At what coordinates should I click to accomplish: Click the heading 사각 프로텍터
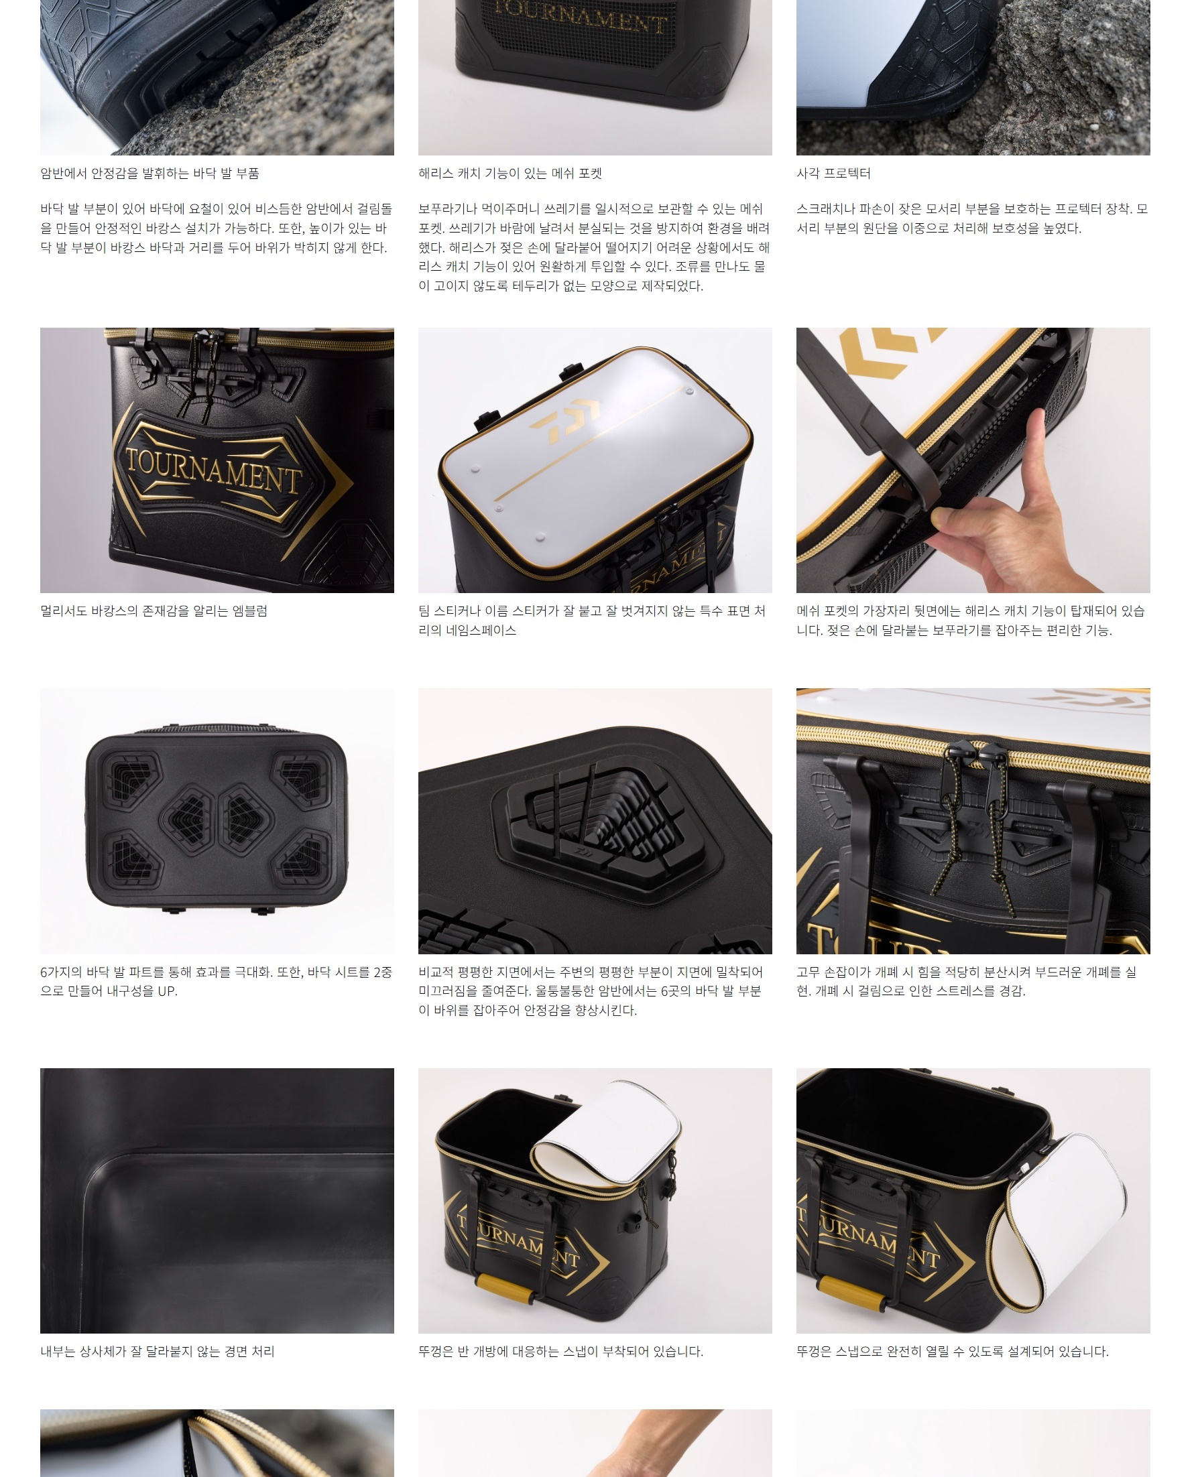[x=833, y=173]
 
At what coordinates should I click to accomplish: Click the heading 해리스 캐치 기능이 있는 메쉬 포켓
[x=510, y=173]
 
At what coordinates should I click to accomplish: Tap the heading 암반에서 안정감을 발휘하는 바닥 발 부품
[x=149, y=173]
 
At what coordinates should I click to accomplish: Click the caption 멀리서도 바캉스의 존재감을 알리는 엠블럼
[x=154, y=611]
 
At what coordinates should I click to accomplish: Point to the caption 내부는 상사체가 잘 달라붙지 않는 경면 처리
[x=158, y=1351]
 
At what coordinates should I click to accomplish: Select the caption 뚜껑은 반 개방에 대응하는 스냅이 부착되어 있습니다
[x=560, y=1351]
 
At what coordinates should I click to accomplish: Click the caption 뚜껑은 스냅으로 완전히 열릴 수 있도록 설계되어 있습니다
[x=953, y=1351]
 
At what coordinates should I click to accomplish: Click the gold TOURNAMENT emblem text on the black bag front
[x=214, y=469]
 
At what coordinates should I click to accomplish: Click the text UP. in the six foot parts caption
[x=166, y=990]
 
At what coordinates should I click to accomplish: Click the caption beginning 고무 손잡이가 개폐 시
[x=966, y=981]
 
